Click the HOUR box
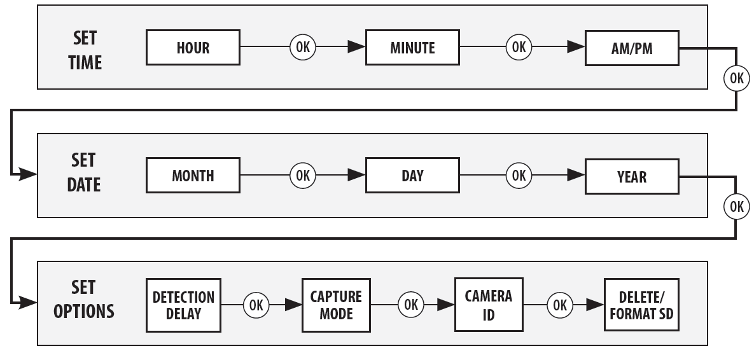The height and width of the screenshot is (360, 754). (x=193, y=48)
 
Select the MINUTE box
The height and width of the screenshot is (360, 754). (x=412, y=48)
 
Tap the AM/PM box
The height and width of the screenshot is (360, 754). (x=632, y=48)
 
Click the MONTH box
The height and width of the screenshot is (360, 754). (x=193, y=176)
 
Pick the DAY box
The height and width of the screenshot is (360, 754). (x=412, y=176)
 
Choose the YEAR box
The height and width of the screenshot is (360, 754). (x=632, y=176)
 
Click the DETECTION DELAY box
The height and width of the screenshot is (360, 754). (x=183, y=305)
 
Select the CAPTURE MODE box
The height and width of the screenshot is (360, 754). (x=336, y=305)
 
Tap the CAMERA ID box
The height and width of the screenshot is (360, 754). (x=489, y=305)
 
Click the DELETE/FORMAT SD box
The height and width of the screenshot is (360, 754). (x=641, y=305)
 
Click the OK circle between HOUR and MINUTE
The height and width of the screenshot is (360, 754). (x=303, y=47)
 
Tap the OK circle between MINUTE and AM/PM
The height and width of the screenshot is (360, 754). (x=519, y=47)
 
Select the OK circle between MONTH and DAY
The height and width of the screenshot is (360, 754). (x=303, y=176)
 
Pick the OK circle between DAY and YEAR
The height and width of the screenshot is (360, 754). (x=519, y=176)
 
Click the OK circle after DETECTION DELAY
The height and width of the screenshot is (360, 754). (x=256, y=305)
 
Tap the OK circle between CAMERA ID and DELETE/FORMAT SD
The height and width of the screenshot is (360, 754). (x=560, y=305)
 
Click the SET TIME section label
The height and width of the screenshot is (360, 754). (x=85, y=50)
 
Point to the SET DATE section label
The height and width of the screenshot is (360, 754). (x=83, y=172)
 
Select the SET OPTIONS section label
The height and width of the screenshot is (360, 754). (x=83, y=300)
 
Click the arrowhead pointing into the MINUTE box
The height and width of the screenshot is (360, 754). (x=356, y=46)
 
